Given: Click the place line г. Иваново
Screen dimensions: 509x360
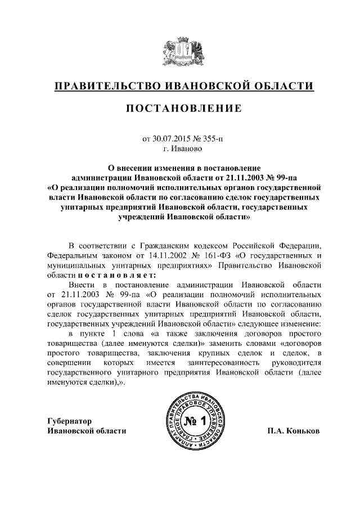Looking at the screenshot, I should (180, 149).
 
